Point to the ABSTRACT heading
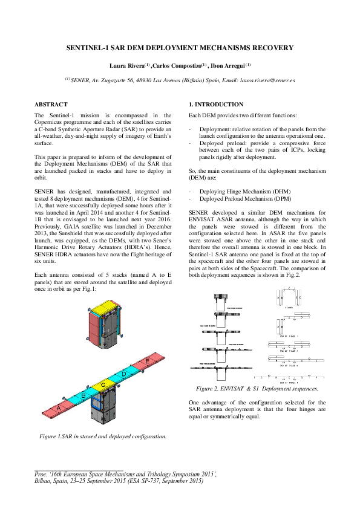[51, 105]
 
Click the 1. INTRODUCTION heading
[216, 105]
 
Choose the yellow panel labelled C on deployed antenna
[103, 384]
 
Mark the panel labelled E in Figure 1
[148, 361]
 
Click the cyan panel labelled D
[123, 374]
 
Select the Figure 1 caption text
[103, 435]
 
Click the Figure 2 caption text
[257, 388]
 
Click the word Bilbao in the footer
[45, 481]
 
